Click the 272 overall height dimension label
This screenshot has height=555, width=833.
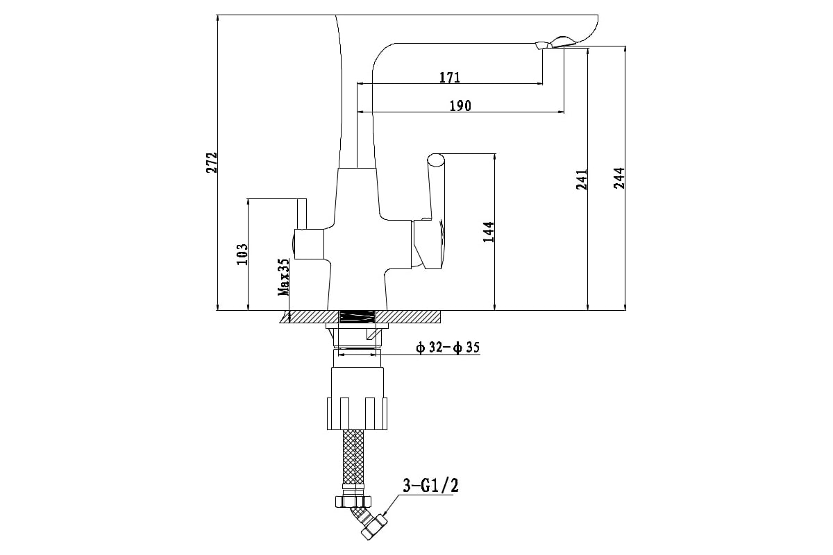pyautogui.click(x=212, y=162)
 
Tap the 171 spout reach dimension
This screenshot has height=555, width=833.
pyautogui.click(x=450, y=77)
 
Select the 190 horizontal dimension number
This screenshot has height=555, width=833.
pyautogui.click(x=460, y=106)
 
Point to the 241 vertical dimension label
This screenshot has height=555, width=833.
pyautogui.click(x=582, y=180)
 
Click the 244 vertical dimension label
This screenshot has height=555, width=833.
pyautogui.click(x=619, y=178)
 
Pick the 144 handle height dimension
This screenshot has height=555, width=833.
pyautogui.click(x=488, y=232)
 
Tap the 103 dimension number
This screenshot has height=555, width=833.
pyautogui.click(x=242, y=255)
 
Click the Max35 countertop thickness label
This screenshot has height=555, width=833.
pyautogui.click(x=283, y=277)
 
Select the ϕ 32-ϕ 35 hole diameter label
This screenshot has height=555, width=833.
pyautogui.click(x=448, y=348)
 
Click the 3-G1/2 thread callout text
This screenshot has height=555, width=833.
pyautogui.click(x=430, y=485)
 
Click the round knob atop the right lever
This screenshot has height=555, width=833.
pyautogui.click(x=436, y=160)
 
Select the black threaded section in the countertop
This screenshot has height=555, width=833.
pyautogui.click(x=357, y=317)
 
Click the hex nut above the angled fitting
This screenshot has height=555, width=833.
pyautogui.click(x=353, y=501)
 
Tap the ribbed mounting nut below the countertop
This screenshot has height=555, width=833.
pyautogui.click(x=357, y=413)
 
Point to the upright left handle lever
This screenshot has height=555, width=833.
pyautogui.click(x=301, y=214)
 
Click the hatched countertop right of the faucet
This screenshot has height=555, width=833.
pyautogui.click(x=408, y=317)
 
